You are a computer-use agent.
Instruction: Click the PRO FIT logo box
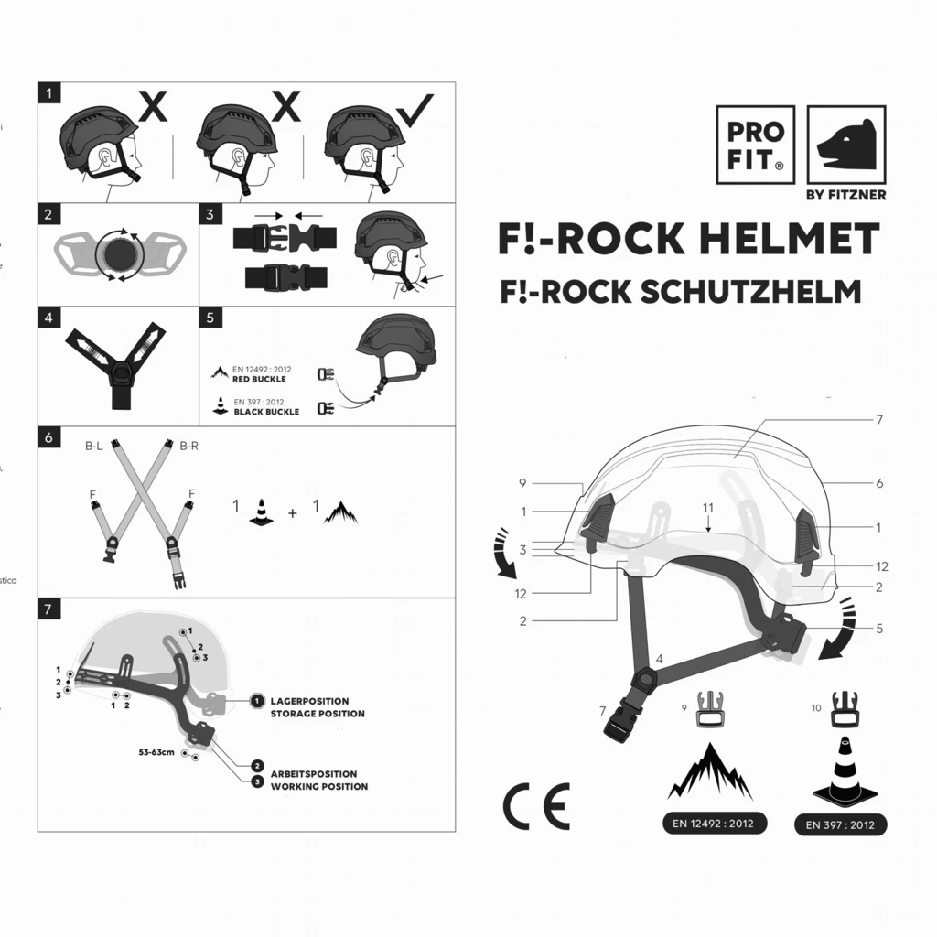click(755, 144)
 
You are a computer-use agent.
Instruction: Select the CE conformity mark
click(536, 805)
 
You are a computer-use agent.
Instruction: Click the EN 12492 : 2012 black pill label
click(713, 824)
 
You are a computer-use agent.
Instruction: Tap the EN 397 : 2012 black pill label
click(840, 824)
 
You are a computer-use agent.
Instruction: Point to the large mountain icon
click(711, 771)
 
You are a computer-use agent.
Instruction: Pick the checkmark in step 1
click(417, 110)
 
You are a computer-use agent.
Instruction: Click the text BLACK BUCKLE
click(266, 412)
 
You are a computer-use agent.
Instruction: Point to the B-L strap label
click(93, 446)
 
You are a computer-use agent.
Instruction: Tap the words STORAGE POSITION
click(318, 714)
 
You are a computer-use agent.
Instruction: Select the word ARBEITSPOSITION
click(314, 774)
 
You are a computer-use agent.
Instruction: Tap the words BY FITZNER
click(845, 195)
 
